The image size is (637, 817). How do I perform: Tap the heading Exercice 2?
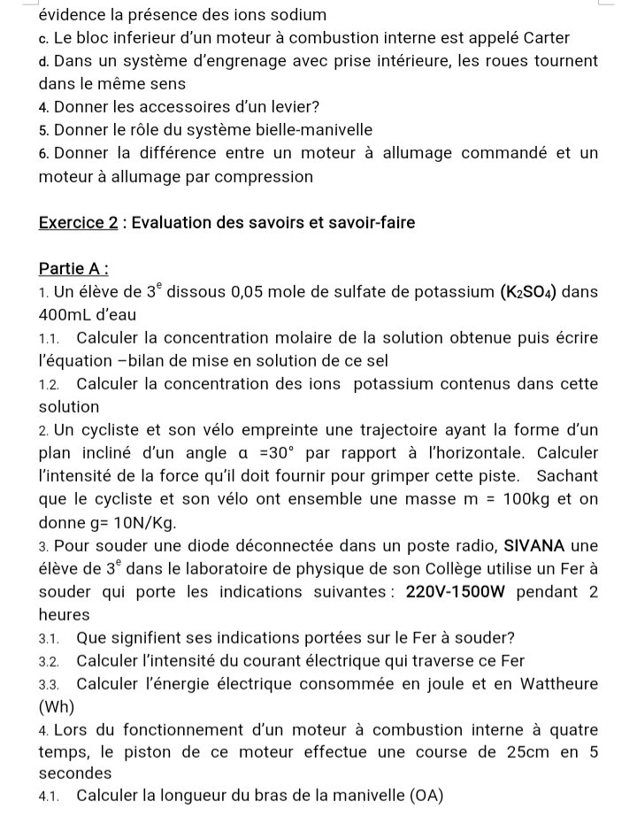pyautogui.click(x=79, y=223)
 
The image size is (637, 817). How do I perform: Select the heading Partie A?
pyautogui.click(x=73, y=268)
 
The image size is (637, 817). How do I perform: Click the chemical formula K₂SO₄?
pyautogui.click(x=528, y=291)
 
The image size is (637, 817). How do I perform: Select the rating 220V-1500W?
pyautogui.click(x=460, y=590)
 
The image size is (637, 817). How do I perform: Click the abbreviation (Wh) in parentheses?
pyautogui.click(x=58, y=707)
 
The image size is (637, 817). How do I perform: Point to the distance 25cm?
pyautogui.click(x=524, y=752)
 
